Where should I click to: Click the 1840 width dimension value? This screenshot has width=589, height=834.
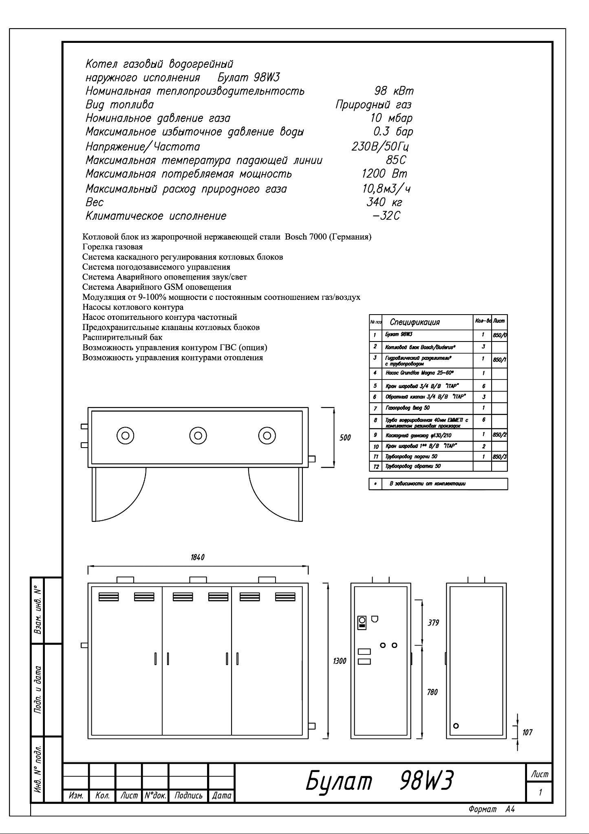(197, 557)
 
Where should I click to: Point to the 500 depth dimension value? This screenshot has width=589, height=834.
(345, 438)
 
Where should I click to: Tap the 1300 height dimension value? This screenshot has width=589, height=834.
(340, 661)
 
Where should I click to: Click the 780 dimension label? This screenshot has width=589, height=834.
(432, 692)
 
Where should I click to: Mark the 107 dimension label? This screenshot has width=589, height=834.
(527, 732)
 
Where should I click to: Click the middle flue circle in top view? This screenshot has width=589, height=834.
(198, 435)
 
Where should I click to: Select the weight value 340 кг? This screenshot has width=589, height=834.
(384, 202)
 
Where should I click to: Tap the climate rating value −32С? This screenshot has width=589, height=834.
(386, 216)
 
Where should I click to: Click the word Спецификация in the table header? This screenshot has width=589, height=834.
(415, 322)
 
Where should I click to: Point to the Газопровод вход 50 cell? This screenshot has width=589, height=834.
(407, 408)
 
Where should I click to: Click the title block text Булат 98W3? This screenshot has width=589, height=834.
(379, 781)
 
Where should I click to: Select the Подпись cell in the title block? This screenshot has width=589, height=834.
(188, 795)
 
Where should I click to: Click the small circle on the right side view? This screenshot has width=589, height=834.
(456, 726)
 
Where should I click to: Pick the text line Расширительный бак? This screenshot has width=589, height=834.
(122, 337)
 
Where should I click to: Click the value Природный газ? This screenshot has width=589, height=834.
(373, 105)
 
